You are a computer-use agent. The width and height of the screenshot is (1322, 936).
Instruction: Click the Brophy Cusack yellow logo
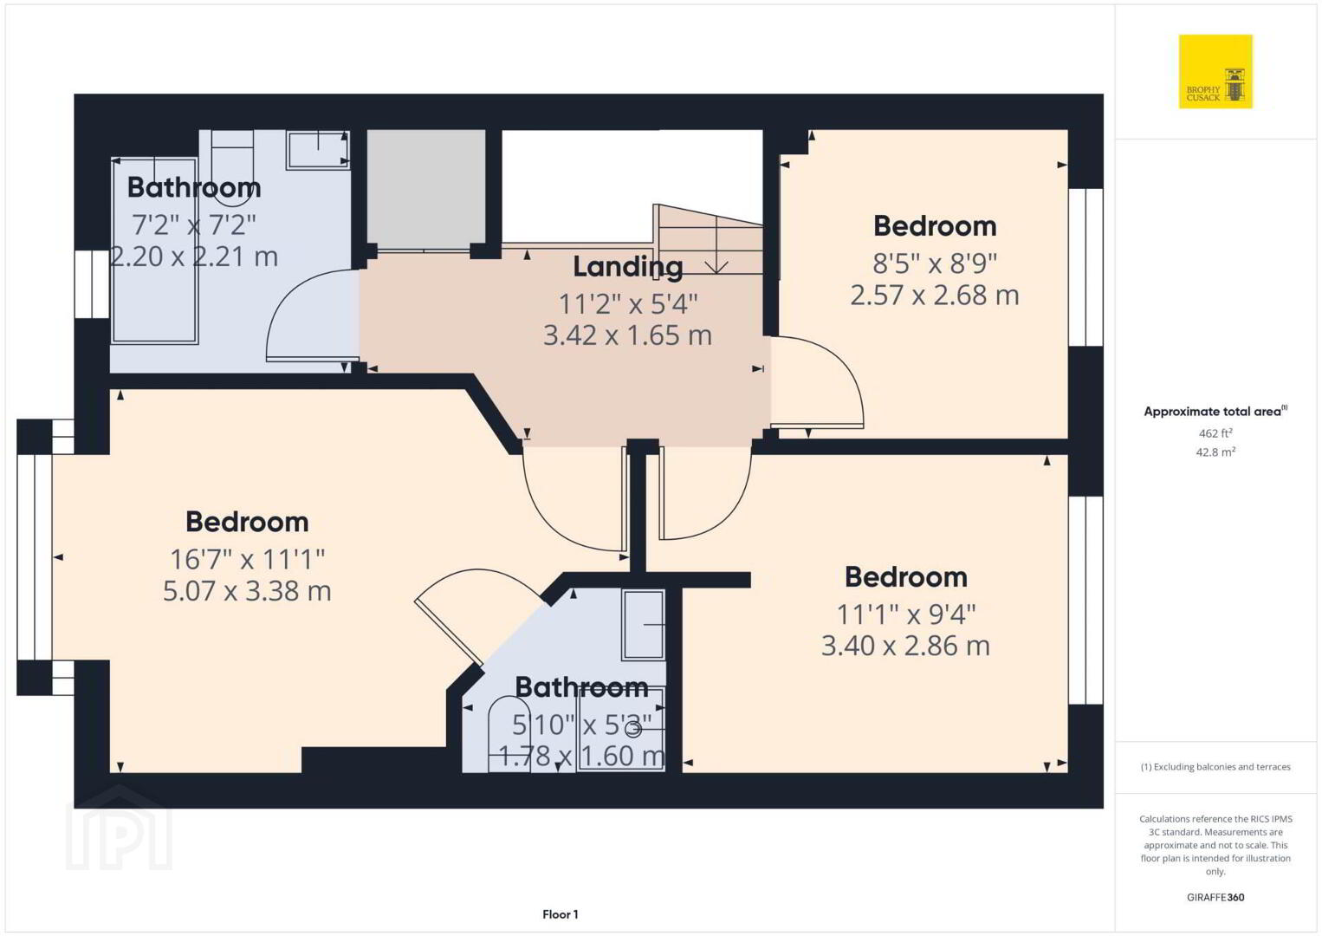click(1215, 71)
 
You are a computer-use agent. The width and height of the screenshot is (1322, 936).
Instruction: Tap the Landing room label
click(628, 267)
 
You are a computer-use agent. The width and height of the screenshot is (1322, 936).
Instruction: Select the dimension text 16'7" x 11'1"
click(247, 559)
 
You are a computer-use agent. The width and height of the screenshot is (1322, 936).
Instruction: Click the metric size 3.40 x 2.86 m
click(905, 646)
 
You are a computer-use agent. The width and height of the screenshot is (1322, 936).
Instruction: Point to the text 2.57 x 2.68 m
click(934, 296)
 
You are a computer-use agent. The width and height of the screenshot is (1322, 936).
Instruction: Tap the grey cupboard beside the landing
click(426, 189)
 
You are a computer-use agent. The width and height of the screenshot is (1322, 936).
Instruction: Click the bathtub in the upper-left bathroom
click(154, 250)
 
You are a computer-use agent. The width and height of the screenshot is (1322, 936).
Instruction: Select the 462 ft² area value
click(1215, 433)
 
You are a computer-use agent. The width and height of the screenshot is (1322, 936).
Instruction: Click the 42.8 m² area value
click(1215, 452)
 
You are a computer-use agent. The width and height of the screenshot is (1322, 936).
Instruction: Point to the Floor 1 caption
click(561, 914)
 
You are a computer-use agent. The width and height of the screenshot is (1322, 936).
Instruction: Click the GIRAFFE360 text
click(1215, 897)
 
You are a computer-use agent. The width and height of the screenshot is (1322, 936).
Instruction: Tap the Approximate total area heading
click(1215, 412)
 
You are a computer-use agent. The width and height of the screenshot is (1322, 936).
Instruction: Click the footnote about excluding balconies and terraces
click(1215, 767)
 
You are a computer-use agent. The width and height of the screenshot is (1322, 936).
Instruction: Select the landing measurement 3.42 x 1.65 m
click(627, 335)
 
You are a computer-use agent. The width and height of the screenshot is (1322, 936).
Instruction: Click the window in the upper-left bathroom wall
click(92, 284)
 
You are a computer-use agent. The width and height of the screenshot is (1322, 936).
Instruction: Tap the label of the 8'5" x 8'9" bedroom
click(935, 226)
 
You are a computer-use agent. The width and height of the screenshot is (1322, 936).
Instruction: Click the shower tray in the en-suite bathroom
click(621, 729)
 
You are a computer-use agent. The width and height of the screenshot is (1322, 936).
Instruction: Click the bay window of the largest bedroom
click(35, 557)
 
